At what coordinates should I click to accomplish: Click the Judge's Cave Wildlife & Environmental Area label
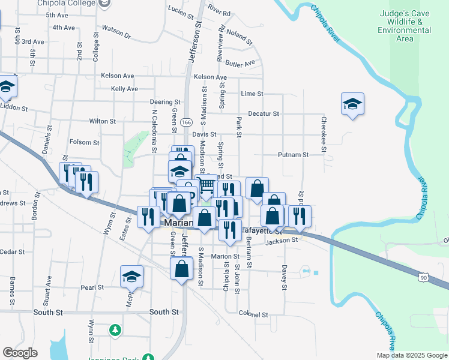[x=405, y=26]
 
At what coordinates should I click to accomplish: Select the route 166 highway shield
[x=186, y=122]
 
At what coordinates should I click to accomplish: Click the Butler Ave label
[x=241, y=63]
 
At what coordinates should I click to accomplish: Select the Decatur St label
[x=264, y=113]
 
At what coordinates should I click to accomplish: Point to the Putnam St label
[x=293, y=155]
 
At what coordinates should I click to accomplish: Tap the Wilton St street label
[x=102, y=121]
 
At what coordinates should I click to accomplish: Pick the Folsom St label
[x=84, y=142]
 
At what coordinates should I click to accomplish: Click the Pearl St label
[x=93, y=287]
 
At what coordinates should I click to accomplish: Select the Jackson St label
[x=282, y=241]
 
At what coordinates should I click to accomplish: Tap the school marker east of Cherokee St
[x=352, y=104]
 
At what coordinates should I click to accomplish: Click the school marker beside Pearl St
[x=131, y=277]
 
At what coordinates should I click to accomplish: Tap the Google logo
[x=20, y=353]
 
